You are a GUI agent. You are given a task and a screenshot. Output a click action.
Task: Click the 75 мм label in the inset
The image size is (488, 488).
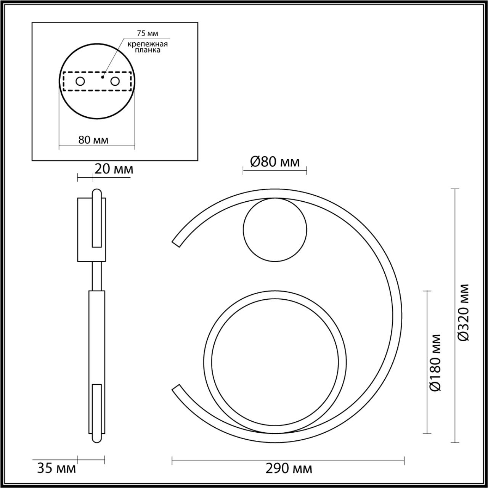click(x=148, y=34)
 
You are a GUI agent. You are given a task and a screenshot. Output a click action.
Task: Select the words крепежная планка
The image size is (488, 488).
click(x=148, y=47)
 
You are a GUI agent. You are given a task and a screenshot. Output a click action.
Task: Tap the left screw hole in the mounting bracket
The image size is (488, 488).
click(x=80, y=82)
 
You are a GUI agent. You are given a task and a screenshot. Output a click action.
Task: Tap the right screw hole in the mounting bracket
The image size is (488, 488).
click(x=115, y=82)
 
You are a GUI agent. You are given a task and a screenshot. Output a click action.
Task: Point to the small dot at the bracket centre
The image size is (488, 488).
click(x=103, y=77)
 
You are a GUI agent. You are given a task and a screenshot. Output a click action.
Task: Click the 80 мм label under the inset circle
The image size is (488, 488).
click(x=93, y=140)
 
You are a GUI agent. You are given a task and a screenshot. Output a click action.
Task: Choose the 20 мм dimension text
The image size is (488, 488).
click(x=114, y=169)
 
